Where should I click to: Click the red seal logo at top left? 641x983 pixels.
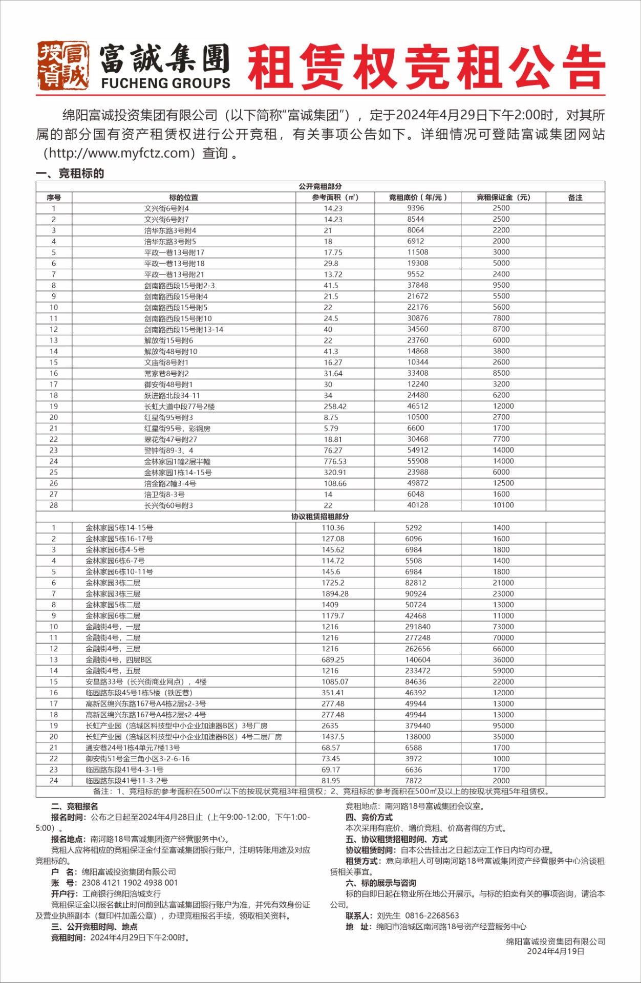click(x=62, y=66)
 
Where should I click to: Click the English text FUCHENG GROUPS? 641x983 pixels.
click(x=165, y=83)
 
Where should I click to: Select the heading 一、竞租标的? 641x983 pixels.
click(x=70, y=174)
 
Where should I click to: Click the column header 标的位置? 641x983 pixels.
click(x=183, y=198)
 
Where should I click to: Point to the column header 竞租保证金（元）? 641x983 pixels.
click(x=503, y=198)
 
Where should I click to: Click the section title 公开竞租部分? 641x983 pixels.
click(x=320, y=186)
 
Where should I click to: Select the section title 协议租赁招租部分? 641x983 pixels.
click(x=320, y=517)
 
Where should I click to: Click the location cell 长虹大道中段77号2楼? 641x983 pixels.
click(x=179, y=407)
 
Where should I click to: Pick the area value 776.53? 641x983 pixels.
click(x=335, y=461)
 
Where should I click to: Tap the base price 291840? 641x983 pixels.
click(x=417, y=627)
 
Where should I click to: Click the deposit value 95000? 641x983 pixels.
click(x=503, y=725)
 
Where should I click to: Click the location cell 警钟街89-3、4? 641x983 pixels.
click(x=168, y=451)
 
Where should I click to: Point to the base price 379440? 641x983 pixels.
click(x=417, y=725)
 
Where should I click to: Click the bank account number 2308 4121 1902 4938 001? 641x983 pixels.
click(x=130, y=883)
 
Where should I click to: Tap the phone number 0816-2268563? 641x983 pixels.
click(x=432, y=915)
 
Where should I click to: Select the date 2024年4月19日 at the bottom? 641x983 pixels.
click(x=555, y=951)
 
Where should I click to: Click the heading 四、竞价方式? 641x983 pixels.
click(x=369, y=817)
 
